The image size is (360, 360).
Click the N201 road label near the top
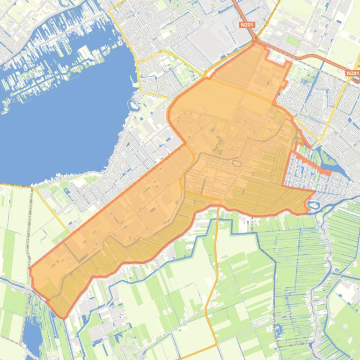(247, 25)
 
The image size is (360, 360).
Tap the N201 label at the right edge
(353, 73)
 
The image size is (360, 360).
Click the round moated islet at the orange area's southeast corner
(313, 205)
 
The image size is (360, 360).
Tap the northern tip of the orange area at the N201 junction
(256, 43)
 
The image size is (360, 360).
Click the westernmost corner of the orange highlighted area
(30, 270)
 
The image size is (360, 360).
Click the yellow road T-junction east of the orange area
(320, 140)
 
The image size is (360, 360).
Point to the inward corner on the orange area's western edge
(185, 143)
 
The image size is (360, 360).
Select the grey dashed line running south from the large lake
(31, 224)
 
